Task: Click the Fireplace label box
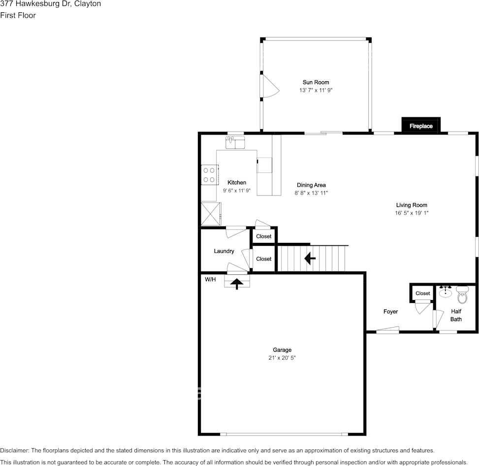[421, 126]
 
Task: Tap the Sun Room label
[316, 82]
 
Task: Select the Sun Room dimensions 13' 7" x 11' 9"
[316, 91]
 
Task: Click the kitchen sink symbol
[235, 142]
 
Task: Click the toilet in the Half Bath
[462, 296]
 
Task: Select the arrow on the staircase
[310, 258]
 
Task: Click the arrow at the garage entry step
[237, 283]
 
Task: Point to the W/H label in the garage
[210, 279]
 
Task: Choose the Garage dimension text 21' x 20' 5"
[282, 358]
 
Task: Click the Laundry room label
[224, 251]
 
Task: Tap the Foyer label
[390, 311]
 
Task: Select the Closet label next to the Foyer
[422, 293]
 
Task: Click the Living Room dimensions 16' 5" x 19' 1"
[412, 213]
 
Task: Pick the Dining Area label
[311, 185]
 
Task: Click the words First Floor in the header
[18, 15]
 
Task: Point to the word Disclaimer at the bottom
[15, 450]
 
